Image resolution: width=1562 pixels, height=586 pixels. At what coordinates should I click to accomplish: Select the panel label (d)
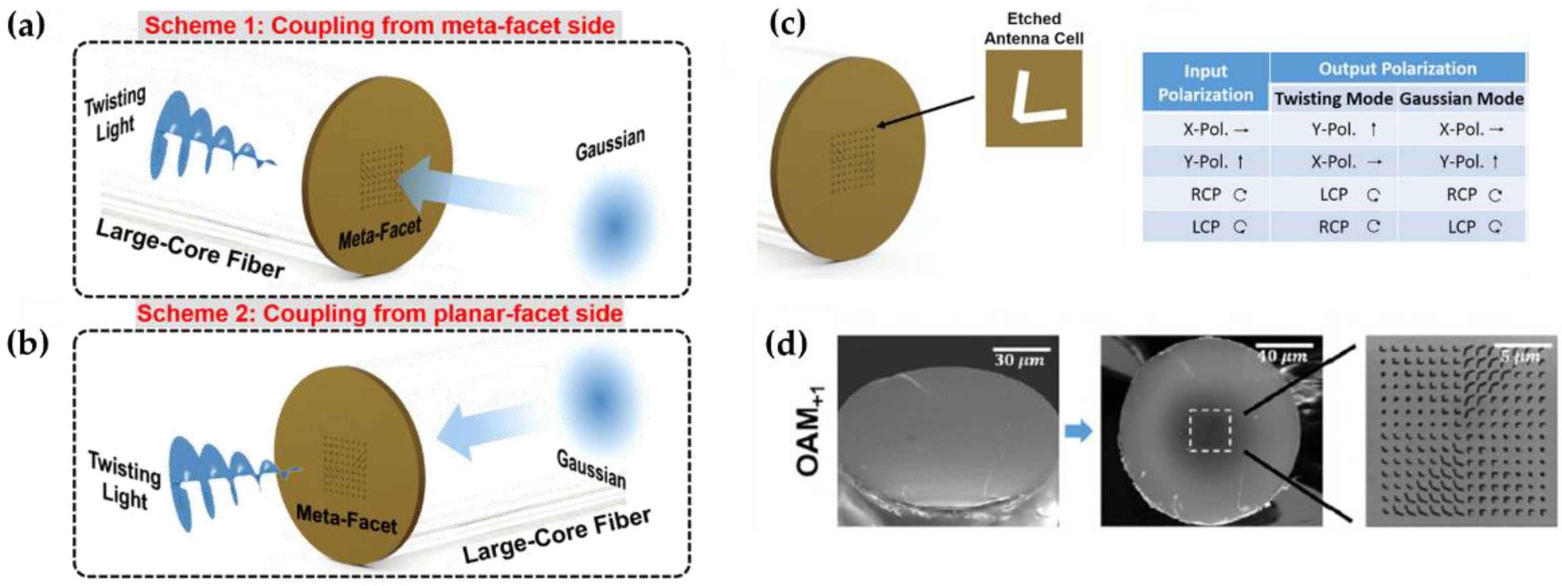coord(787,345)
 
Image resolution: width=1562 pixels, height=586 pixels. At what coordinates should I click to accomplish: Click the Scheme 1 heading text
coord(380,25)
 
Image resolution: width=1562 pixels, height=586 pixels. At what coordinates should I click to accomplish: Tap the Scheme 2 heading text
coord(380,313)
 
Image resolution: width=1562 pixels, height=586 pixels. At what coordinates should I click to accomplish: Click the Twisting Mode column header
coord(1333,99)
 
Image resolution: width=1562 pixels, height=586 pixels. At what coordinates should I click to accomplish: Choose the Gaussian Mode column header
coord(1461,99)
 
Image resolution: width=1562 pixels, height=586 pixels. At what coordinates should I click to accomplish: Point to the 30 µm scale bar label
coord(1019,360)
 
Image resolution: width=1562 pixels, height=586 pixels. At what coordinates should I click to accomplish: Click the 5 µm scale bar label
coord(1520,356)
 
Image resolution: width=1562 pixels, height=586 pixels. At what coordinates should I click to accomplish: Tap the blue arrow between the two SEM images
coord(1079,431)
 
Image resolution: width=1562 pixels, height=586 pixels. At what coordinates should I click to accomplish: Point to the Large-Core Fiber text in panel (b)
coord(557,535)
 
